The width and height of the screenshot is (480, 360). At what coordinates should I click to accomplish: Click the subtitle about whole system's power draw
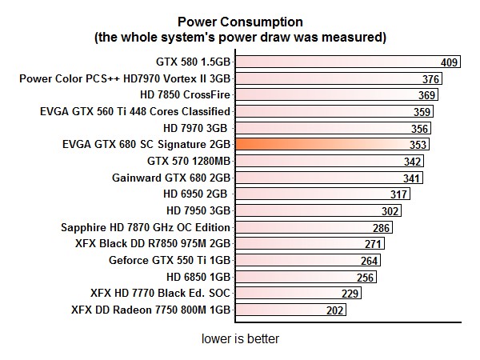click(240, 37)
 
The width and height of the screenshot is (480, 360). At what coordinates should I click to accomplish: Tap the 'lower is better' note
click(240, 338)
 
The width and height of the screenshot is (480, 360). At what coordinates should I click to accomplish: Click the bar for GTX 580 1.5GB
click(347, 62)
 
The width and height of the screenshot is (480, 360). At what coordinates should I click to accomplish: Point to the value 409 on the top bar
click(450, 62)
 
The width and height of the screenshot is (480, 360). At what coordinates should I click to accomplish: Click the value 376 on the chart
click(432, 79)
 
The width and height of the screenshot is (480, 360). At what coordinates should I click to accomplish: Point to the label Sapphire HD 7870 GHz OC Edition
click(146, 227)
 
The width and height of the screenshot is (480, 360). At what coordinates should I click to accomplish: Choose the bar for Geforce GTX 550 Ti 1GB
click(307, 260)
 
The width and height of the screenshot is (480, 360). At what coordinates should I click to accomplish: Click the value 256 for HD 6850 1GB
click(366, 278)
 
